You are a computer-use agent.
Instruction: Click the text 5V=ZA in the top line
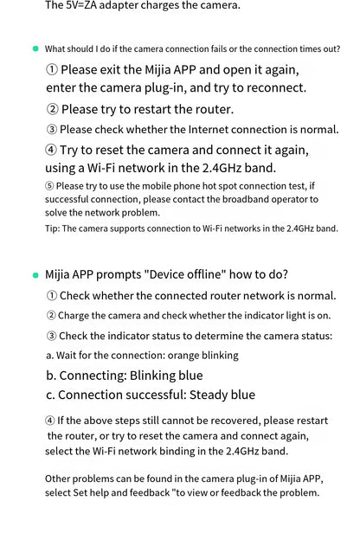click(86, 5)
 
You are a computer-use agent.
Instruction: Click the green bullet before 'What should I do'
click(35, 48)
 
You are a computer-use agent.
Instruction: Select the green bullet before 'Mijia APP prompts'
click(35, 275)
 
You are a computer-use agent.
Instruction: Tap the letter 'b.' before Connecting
click(51, 376)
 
